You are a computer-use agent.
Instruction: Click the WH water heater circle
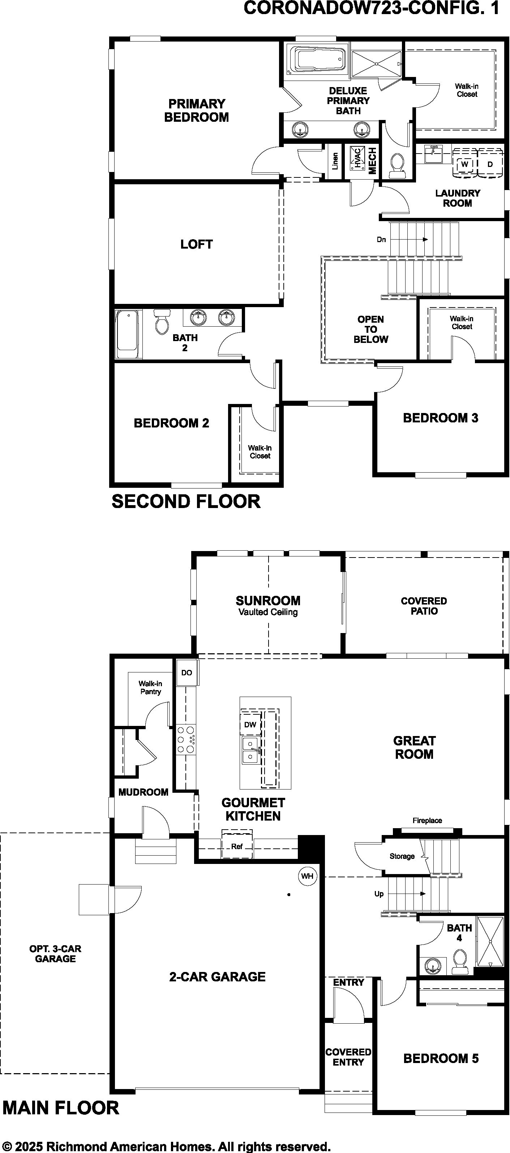pos(307,876)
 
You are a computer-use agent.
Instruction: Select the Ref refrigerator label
pos(237,846)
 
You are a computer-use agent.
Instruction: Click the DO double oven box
pos(187,673)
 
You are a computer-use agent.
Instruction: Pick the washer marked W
pos(465,164)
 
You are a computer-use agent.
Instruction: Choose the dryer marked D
pos(490,164)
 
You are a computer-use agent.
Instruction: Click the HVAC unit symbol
pos(357,158)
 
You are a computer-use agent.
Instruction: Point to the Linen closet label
pos(335,161)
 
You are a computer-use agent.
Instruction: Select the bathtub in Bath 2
pos(127,334)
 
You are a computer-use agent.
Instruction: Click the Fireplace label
pos(427,821)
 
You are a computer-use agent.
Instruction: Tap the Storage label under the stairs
pos(402,856)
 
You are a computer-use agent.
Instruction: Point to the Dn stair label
pos(381,240)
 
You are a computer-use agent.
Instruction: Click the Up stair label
pos(379,894)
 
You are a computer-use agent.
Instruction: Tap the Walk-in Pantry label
pos(150,688)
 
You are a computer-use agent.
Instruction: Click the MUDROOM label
pos(143,792)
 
